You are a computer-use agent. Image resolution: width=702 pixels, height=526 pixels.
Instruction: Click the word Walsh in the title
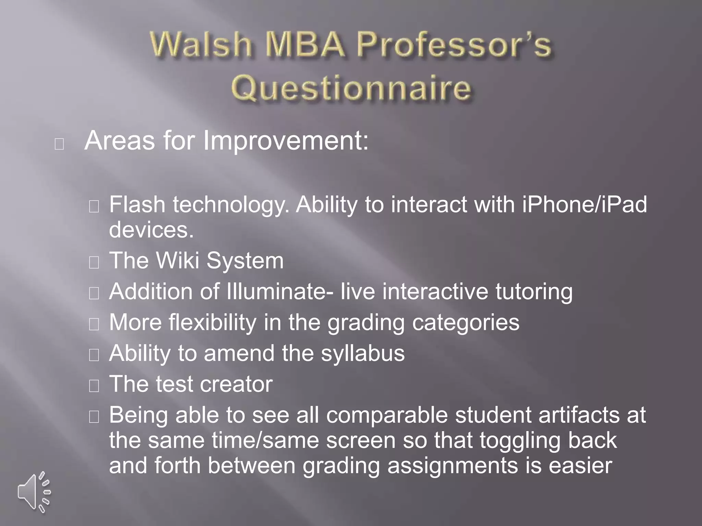(201, 45)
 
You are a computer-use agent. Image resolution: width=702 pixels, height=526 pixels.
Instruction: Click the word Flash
(137, 205)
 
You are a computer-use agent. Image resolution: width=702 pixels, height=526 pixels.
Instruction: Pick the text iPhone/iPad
(584, 205)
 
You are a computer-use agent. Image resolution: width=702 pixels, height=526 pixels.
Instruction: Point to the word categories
(465, 323)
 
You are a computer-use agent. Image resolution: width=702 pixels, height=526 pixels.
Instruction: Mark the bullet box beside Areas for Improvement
(59, 144)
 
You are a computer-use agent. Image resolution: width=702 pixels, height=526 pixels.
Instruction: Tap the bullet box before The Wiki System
(94, 262)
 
